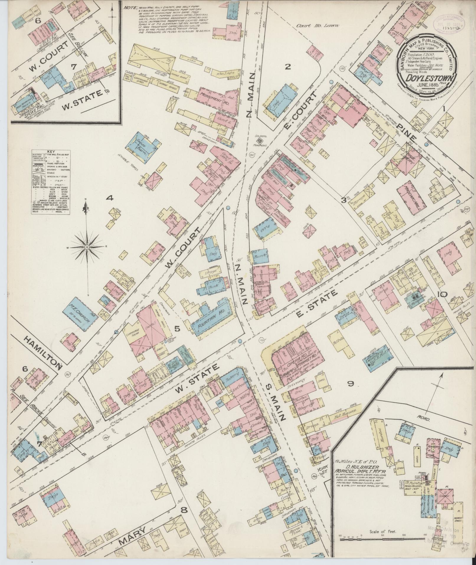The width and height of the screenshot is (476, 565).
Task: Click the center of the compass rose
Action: pos(87,246)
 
